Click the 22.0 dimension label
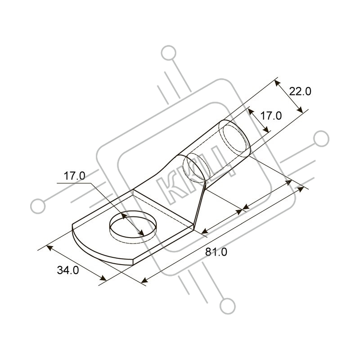click(x=300, y=91)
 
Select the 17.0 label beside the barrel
click(x=271, y=116)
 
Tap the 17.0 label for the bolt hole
click(x=74, y=176)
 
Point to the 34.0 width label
click(x=68, y=270)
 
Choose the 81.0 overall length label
click(x=216, y=252)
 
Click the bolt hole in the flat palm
click(x=133, y=226)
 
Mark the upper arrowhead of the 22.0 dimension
click(x=278, y=83)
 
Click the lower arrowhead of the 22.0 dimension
click(x=299, y=109)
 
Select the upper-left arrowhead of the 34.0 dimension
click(x=49, y=248)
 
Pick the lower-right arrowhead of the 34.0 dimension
click(x=103, y=278)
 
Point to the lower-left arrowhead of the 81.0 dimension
click(x=144, y=280)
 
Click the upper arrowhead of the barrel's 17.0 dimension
click(x=251, y=112)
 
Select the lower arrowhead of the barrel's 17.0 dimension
click(x=266, y=130)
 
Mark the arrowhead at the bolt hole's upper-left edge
click(x=124, y=216)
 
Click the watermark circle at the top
click(x=169, y=53)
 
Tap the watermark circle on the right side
click(x=321, y=139)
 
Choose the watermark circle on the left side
click(x=38, y=206)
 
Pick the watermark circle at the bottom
click(x=228, y=306)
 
